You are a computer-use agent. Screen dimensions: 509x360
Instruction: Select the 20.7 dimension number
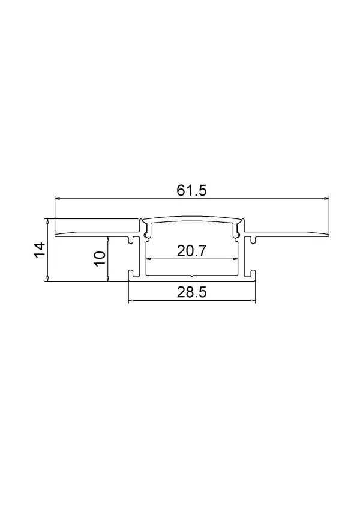pyautogui.click(x=191, y=251)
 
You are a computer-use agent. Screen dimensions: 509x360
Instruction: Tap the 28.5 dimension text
pyautogui.click(x=192, y=292)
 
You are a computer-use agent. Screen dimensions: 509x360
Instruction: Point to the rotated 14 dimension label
pyautogui.click(x=39, y=250)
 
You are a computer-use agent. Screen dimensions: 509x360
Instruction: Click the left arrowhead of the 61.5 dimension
pyautogui.click(x=57, y=197)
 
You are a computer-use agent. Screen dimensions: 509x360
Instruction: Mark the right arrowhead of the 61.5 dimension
pyautogui.click(x=327, y=197)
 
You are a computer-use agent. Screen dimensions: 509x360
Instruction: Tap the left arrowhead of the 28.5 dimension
pyautogui.click(x=131, y=300)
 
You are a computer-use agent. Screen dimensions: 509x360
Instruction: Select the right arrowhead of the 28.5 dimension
pyautogui.click(x=253, y=300)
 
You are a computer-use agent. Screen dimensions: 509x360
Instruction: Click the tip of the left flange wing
pyautogui.click(x=55, y=235)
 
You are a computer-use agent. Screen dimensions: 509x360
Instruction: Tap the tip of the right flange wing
pyautogui.click(x=329, y=235)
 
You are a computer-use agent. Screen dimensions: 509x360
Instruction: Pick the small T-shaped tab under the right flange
pyautogui.click(x=252, y=241)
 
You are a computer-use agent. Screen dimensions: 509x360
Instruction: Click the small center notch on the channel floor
pyautogui.click(x=191, y=276)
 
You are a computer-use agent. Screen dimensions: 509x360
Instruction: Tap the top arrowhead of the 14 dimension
pyautogui.click(x=47, y=220)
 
